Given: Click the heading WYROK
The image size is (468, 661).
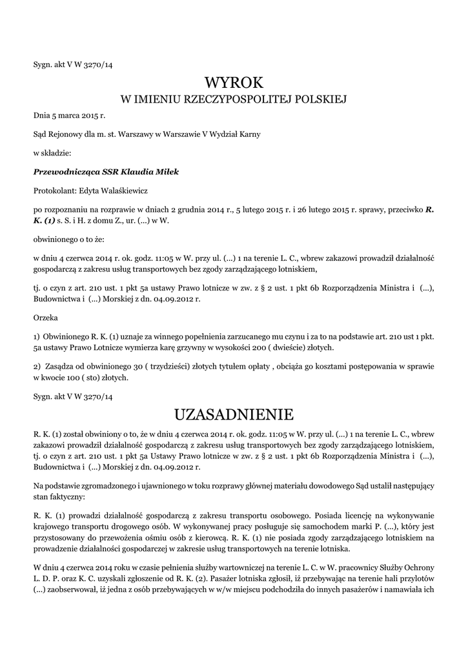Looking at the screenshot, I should coord(234,83).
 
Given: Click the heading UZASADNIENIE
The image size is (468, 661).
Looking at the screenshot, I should coord(234,413).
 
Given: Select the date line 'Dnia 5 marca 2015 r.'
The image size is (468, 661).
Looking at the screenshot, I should coord(69,116).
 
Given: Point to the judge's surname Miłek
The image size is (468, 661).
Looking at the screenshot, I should coord(166,172).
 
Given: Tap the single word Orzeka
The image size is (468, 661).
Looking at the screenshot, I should coord(45,318).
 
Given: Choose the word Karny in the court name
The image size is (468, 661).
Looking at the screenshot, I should coord(249,134).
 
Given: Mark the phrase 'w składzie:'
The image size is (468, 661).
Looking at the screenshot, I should coord(52,153).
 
